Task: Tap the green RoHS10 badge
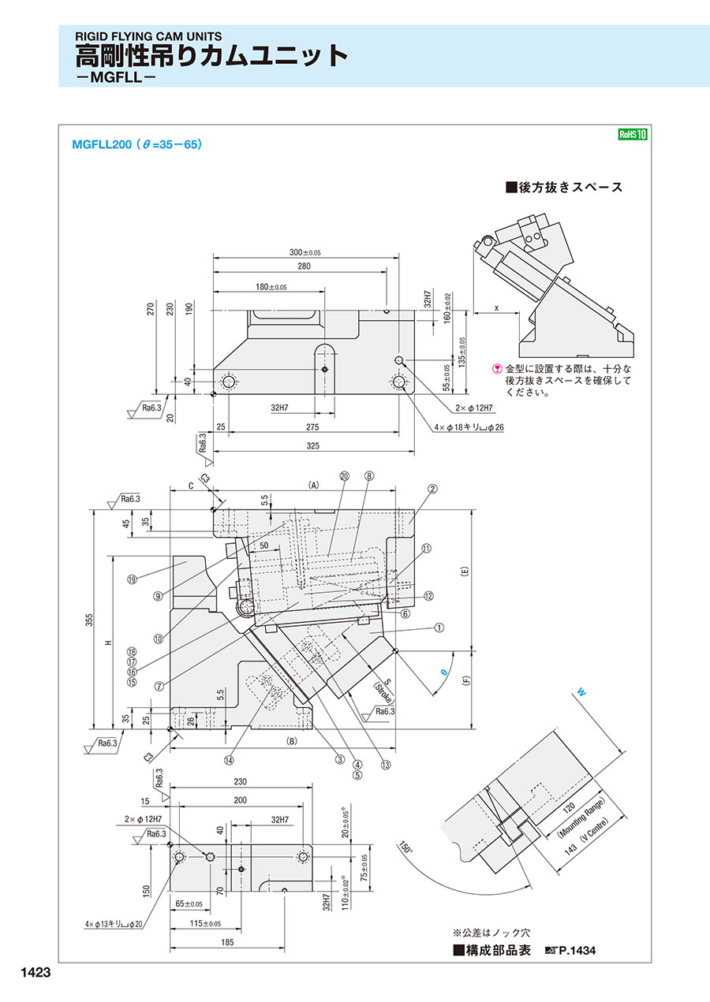click(x=632, y=135)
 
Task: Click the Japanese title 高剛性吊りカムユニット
click(x=211, y=56)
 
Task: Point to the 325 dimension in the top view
click(x=312, y=445)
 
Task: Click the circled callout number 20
click(x=344, y=476)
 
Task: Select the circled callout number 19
click(x=132, y=579)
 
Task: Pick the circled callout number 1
click(x=439, y=628)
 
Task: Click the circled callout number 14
click(x=229, y=761)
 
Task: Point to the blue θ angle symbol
click(x=443, y=671)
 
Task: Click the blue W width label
click(x=581, y=693)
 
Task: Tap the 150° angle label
click(x=407, y=847)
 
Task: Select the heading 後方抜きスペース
click(x=564, y=187)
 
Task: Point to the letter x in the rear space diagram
click(x=496, y=308)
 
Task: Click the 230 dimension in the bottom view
click(x=241, y=781)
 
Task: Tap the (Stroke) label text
click(x=384, y=692)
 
